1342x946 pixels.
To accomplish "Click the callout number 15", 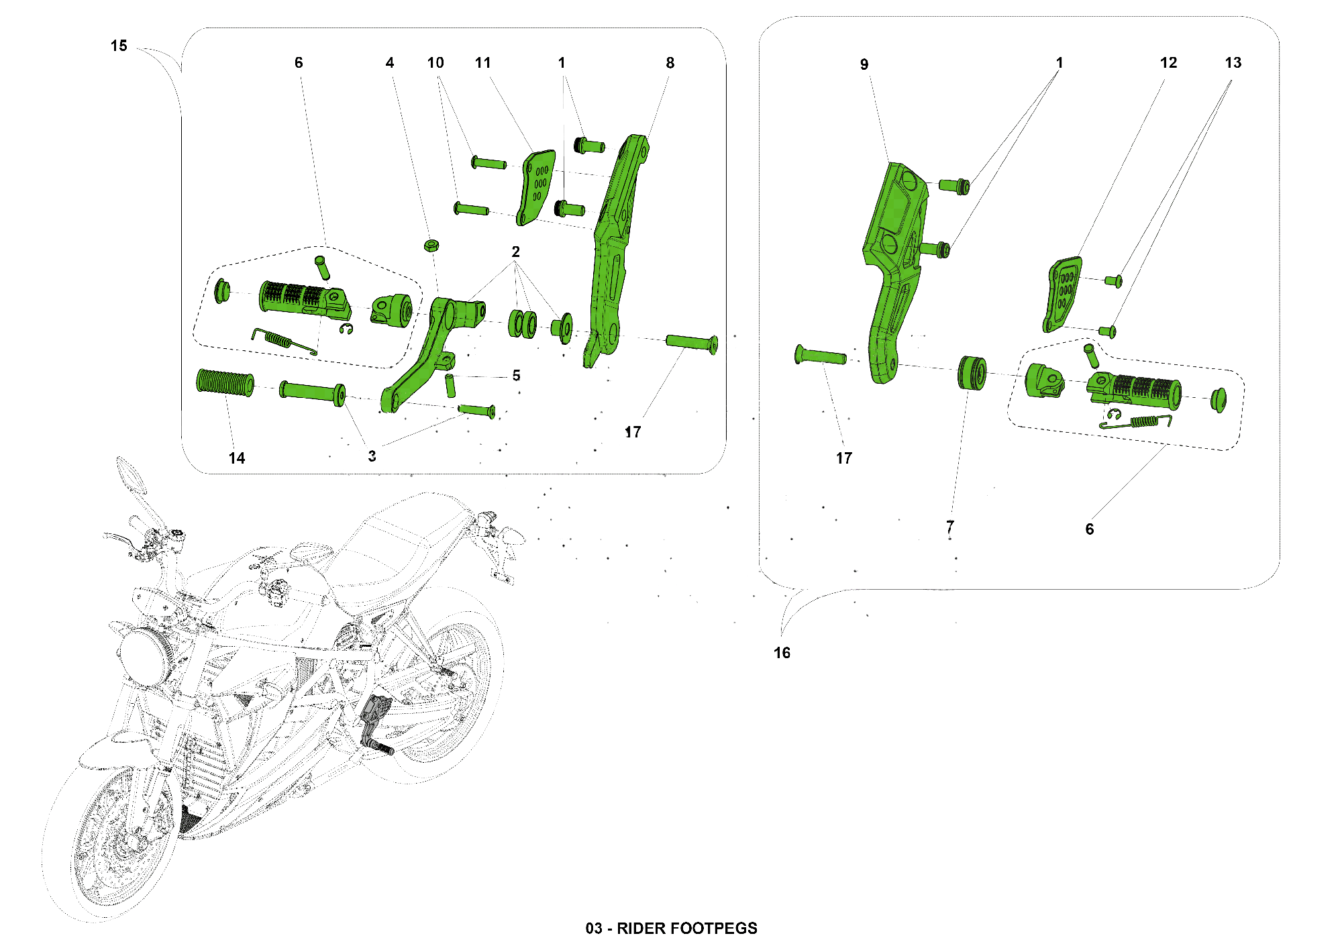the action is click(x=119, y=46).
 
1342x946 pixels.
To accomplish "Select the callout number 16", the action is click(x=782, y=653).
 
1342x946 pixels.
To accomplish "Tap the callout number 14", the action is click(x=237, y=458).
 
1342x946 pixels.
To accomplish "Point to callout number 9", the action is click(x=864, y=64).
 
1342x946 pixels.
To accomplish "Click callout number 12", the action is click(x=1168, y=62).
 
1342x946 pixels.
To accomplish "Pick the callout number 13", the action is click(x=1233, y=62).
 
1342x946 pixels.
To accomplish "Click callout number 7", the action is click(x=950, y=527).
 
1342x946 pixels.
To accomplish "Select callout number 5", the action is click(x=516, y=375).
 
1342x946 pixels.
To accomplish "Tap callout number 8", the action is click(x=670, y=62).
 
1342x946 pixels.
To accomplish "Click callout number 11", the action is click(x=483, y=62).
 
